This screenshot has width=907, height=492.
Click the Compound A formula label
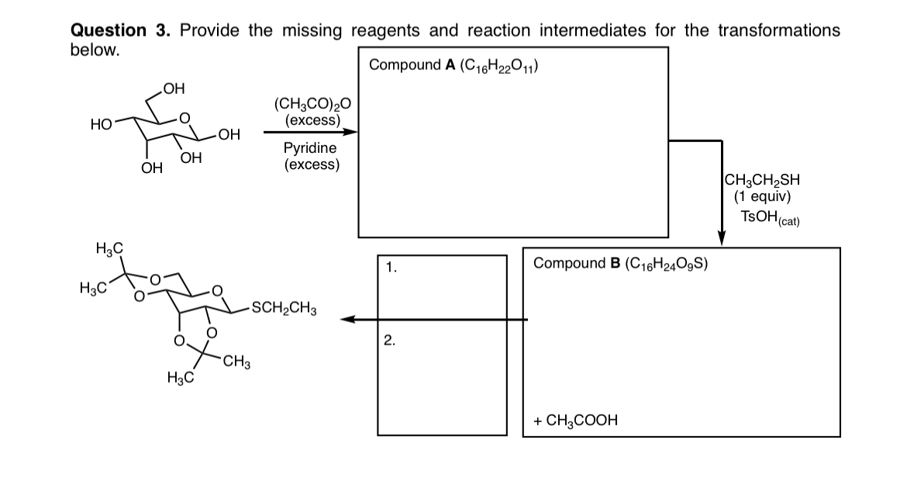[x=455, y=64]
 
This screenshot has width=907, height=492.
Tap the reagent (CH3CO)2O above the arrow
[x=312, y=106]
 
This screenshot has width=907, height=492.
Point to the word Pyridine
[x=310, y=147]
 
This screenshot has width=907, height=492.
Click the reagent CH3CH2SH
[x=762, y=180]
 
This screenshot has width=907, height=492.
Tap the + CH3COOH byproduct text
[x=575, y=421]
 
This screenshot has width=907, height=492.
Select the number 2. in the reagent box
[x=390, y=338]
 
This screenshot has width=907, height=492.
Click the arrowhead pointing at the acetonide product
[x=350, y=319]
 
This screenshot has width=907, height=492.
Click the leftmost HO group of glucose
[x=100, y=123]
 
